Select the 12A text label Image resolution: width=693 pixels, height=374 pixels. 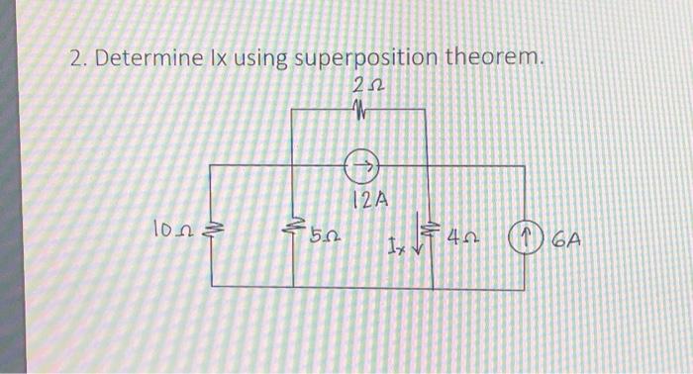click(370, 200)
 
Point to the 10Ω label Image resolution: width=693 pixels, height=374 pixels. click(168, 233)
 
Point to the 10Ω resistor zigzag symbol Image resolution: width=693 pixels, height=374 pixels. click(209, 233)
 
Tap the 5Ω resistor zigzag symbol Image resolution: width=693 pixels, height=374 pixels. click(294, 234)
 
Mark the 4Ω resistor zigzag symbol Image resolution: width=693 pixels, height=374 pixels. click(429, 232)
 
